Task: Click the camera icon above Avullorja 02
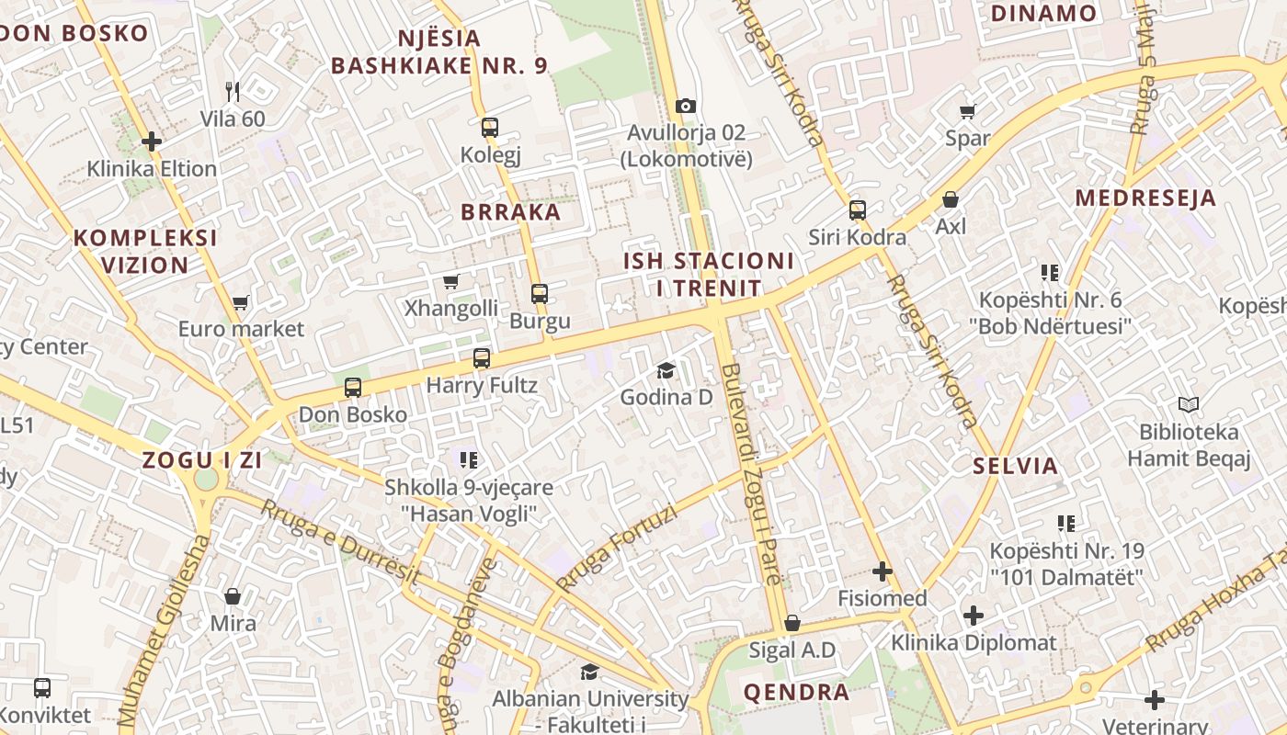click(x=685, y=107)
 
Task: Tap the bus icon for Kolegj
click(x=490, y=128)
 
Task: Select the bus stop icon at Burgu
click(x=540, y=294)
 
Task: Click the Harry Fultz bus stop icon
click(x=482, y=358)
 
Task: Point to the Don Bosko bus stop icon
click(x=353, y=388)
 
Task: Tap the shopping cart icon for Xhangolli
click(x=450, y=282)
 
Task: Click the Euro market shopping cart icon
click(x=241, y=302)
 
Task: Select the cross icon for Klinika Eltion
click(x=152, y=141)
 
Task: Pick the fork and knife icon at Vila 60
click(x=233, y=92)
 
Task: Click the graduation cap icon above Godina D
click(x=666, y=370)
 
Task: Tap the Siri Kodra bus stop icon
click(x=858, y=210)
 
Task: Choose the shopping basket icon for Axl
click(x=951, y=199)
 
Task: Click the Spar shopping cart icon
click(x=967, y=112)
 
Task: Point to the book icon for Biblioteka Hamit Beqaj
click(x=1189, y=404)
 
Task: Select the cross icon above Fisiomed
click(x=883, y=571)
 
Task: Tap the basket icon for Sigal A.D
click(x=792, y=624)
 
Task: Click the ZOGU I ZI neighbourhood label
click(x=202, y=461)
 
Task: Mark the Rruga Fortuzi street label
click(x=617, y=549)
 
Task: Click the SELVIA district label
click(x=1016, y=466)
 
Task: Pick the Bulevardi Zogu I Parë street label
click(x=752, y=474)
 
